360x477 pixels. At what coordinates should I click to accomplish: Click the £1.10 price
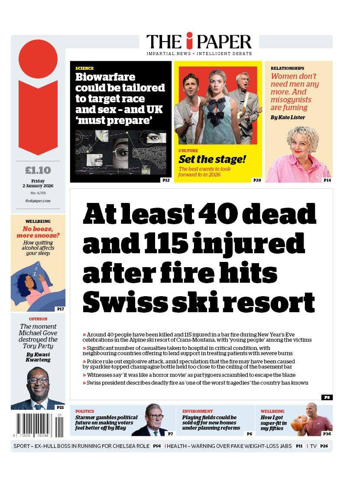tap(38, 170)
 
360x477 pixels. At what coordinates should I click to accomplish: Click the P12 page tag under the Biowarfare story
tap(165, 180)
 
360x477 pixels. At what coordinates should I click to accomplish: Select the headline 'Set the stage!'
tap(212, 159)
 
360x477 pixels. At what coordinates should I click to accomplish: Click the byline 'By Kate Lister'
tap(288, 117)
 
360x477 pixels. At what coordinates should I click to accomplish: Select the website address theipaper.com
tap(38, 201)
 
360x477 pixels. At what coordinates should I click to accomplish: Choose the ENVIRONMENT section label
tap(197, 411)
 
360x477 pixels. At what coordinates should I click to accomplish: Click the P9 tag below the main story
tap(326, 397)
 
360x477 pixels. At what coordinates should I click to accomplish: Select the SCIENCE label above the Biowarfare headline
tap(84, 69)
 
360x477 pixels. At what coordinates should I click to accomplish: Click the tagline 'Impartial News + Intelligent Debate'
tap(199, 53)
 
